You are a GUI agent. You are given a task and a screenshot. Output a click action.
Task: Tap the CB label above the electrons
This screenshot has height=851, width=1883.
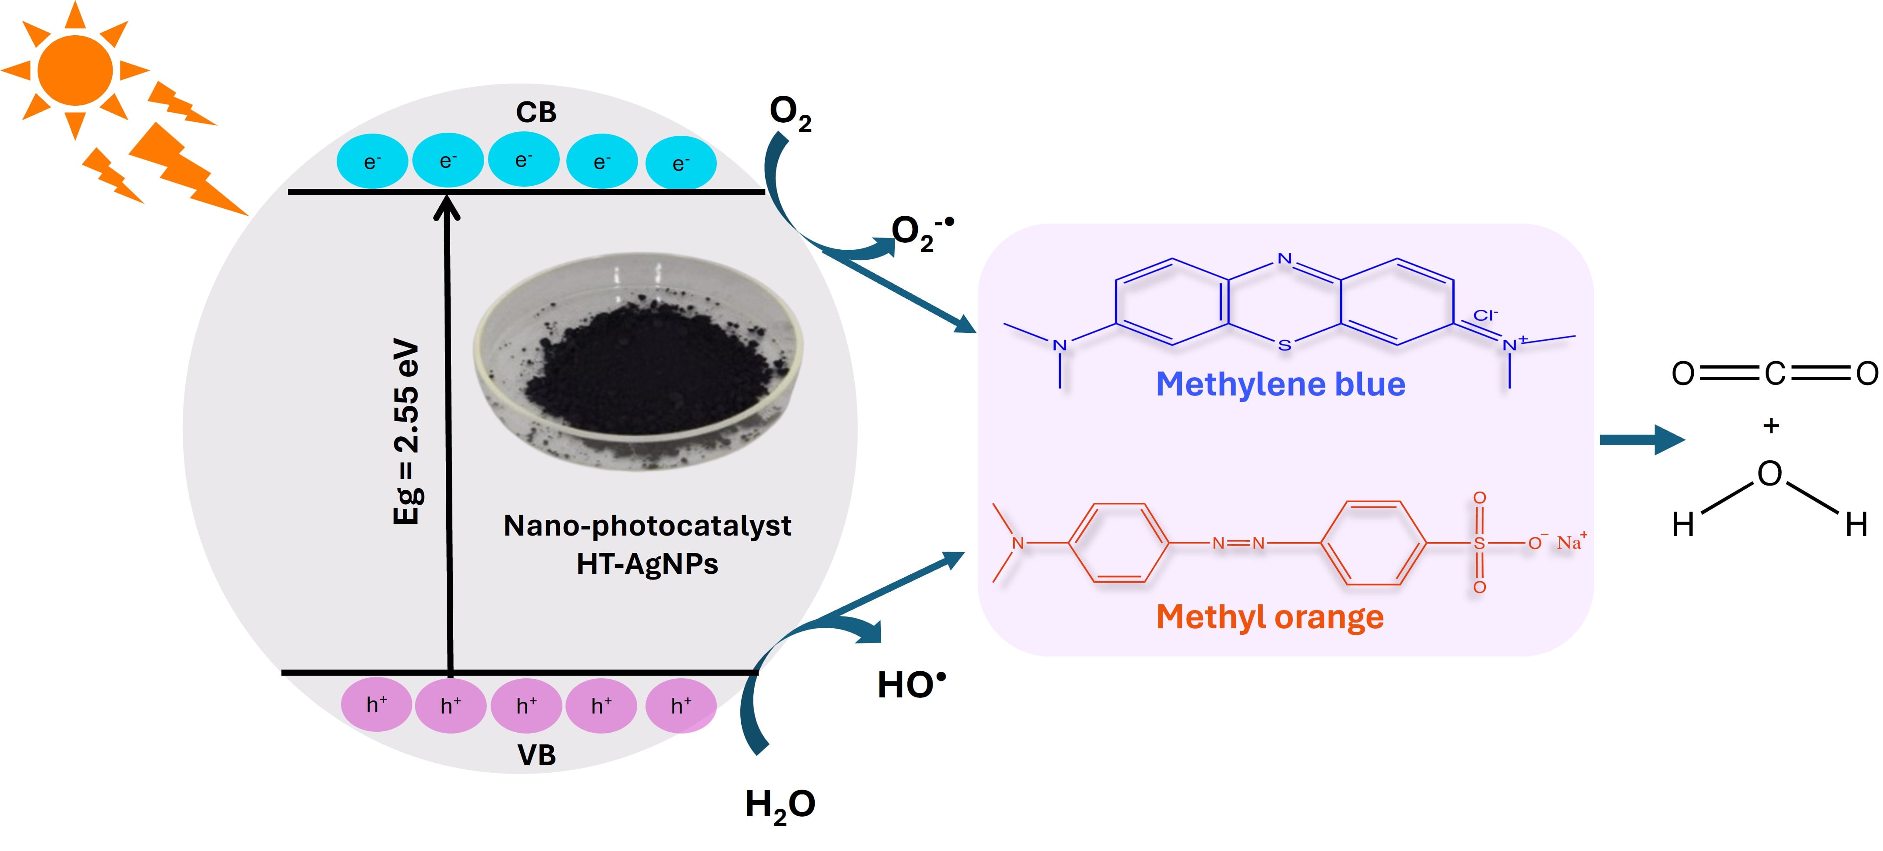pyautogui.click(x=536, y=113)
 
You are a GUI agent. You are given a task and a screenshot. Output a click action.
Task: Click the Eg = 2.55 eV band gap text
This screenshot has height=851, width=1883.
pyautogui.click(x=406, y=431)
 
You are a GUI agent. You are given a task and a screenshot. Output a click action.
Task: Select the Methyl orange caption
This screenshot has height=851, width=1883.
pyautogui.click(x=1270, y=617)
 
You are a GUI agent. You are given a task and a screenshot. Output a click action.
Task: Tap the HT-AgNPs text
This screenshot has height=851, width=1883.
pyautogui.click(x=647, y=564)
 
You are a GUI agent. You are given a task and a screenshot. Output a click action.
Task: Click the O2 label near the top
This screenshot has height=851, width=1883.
pyautogui.click(x=789, y=113)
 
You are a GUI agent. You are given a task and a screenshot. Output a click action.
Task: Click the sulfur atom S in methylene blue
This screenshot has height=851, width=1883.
pyautogui.click(x=1284, y=345)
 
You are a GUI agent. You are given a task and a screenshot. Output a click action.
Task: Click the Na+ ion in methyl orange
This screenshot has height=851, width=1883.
pyautogui.click(x=1571, y=542)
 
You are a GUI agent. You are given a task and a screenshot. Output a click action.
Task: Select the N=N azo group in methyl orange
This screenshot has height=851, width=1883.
pyautogui.click(x=1237, y=543)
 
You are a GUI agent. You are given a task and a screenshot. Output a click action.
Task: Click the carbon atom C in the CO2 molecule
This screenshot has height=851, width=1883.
pyautogui.click(x=1774, y=374)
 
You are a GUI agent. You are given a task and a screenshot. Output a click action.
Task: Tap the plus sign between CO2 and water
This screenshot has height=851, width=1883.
pyautogui.click(x=1770, y=425)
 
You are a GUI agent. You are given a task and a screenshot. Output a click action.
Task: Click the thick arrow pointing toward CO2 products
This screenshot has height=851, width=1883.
pyautogui.click(x=1642, y=439)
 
